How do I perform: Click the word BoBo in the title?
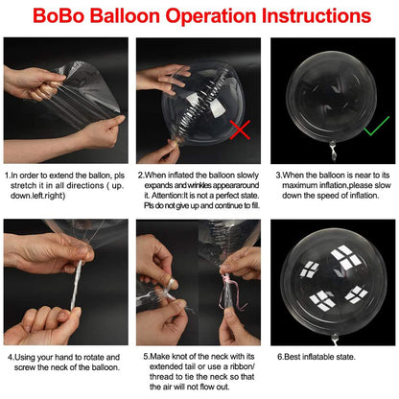coord(57,16)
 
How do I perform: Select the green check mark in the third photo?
coord(376,124)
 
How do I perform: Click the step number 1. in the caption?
coord(10,176)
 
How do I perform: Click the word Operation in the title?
coord(207,16)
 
